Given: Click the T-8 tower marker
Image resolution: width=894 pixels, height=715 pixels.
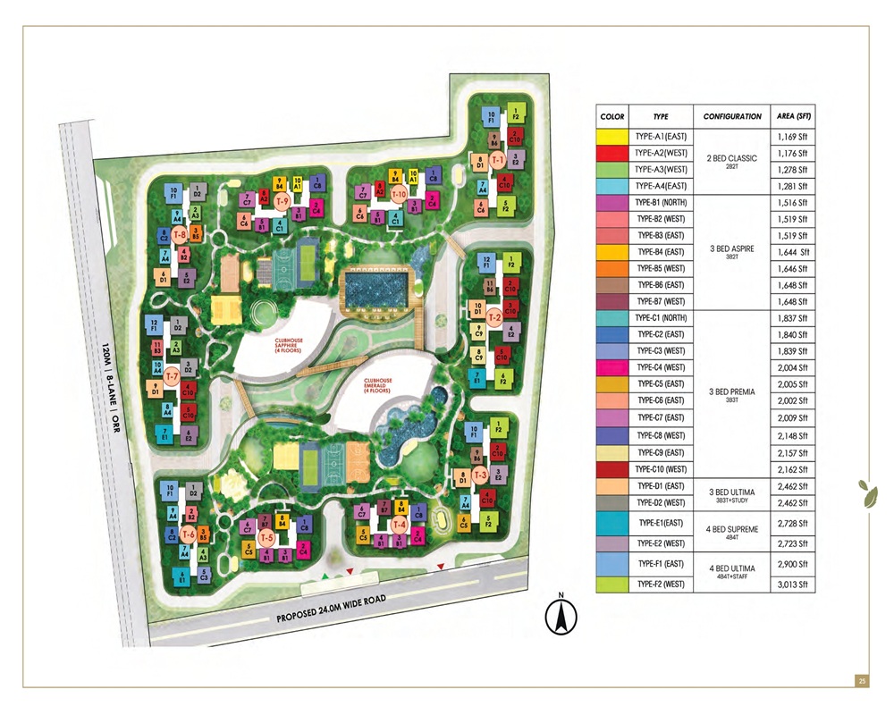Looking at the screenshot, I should pyautogui.click(x=179, y=235).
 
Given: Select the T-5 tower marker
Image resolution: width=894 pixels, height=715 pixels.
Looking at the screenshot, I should pyautogui.click(x=266, y=538).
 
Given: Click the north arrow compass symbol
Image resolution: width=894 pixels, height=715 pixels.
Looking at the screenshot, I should pyautogui.click(x=561, y=616).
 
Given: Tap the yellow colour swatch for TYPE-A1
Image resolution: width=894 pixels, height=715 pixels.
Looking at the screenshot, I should pyautogui.click(x=612, y=137).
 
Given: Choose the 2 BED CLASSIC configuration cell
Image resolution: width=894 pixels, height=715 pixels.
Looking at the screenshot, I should pyautogui.click(x=731, y=161).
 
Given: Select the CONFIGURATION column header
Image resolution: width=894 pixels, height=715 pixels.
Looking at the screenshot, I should pyautogui.click(x=731, y=116).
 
